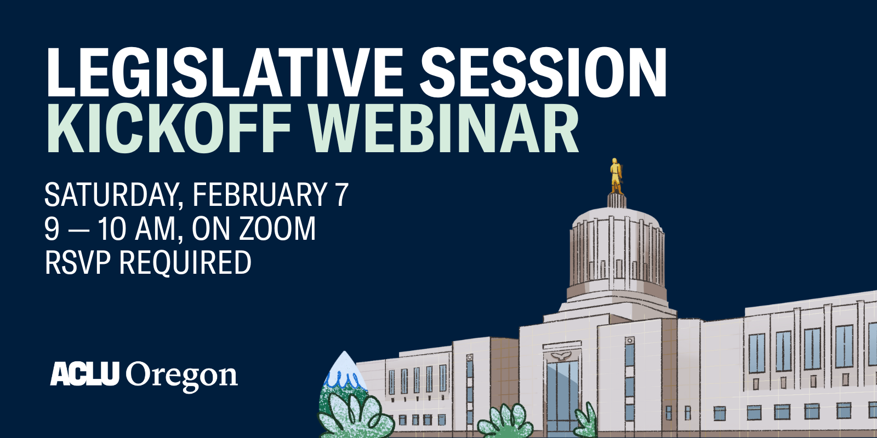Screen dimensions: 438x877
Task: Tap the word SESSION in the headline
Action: tap(543, 73)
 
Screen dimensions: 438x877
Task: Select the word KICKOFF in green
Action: tap(168, 130)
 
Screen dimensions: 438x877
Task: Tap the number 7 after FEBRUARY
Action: tap(341, 195)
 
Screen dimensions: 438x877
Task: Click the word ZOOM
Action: tap(278, 229)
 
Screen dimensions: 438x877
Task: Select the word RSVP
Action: tap(77, 262)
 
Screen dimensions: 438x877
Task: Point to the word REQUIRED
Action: tap(185, 262)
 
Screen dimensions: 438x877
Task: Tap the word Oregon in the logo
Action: tap(182, 377)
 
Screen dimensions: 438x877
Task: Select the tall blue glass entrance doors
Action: tap(562, 397)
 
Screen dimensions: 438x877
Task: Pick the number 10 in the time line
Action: tap(112, 229)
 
